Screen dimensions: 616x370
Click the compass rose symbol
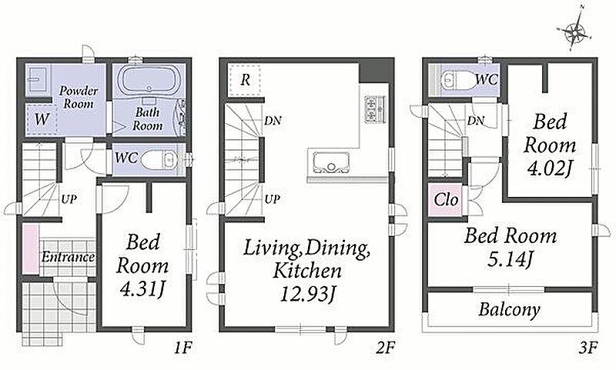574,32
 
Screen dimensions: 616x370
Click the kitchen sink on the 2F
331,163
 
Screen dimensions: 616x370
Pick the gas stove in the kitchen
374,109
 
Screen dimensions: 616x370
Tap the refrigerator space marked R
245,80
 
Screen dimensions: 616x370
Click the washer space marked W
42,119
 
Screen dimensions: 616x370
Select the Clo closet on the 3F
446,200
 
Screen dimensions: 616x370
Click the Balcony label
509,309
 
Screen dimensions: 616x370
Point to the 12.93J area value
309,294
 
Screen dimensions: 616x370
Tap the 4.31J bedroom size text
142,289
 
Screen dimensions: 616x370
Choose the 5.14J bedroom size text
511,259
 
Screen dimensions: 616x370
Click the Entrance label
68,257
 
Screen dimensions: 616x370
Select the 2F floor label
384,348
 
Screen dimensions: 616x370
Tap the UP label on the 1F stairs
69,199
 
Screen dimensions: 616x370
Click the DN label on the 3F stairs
475,121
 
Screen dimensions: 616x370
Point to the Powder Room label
79,97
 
